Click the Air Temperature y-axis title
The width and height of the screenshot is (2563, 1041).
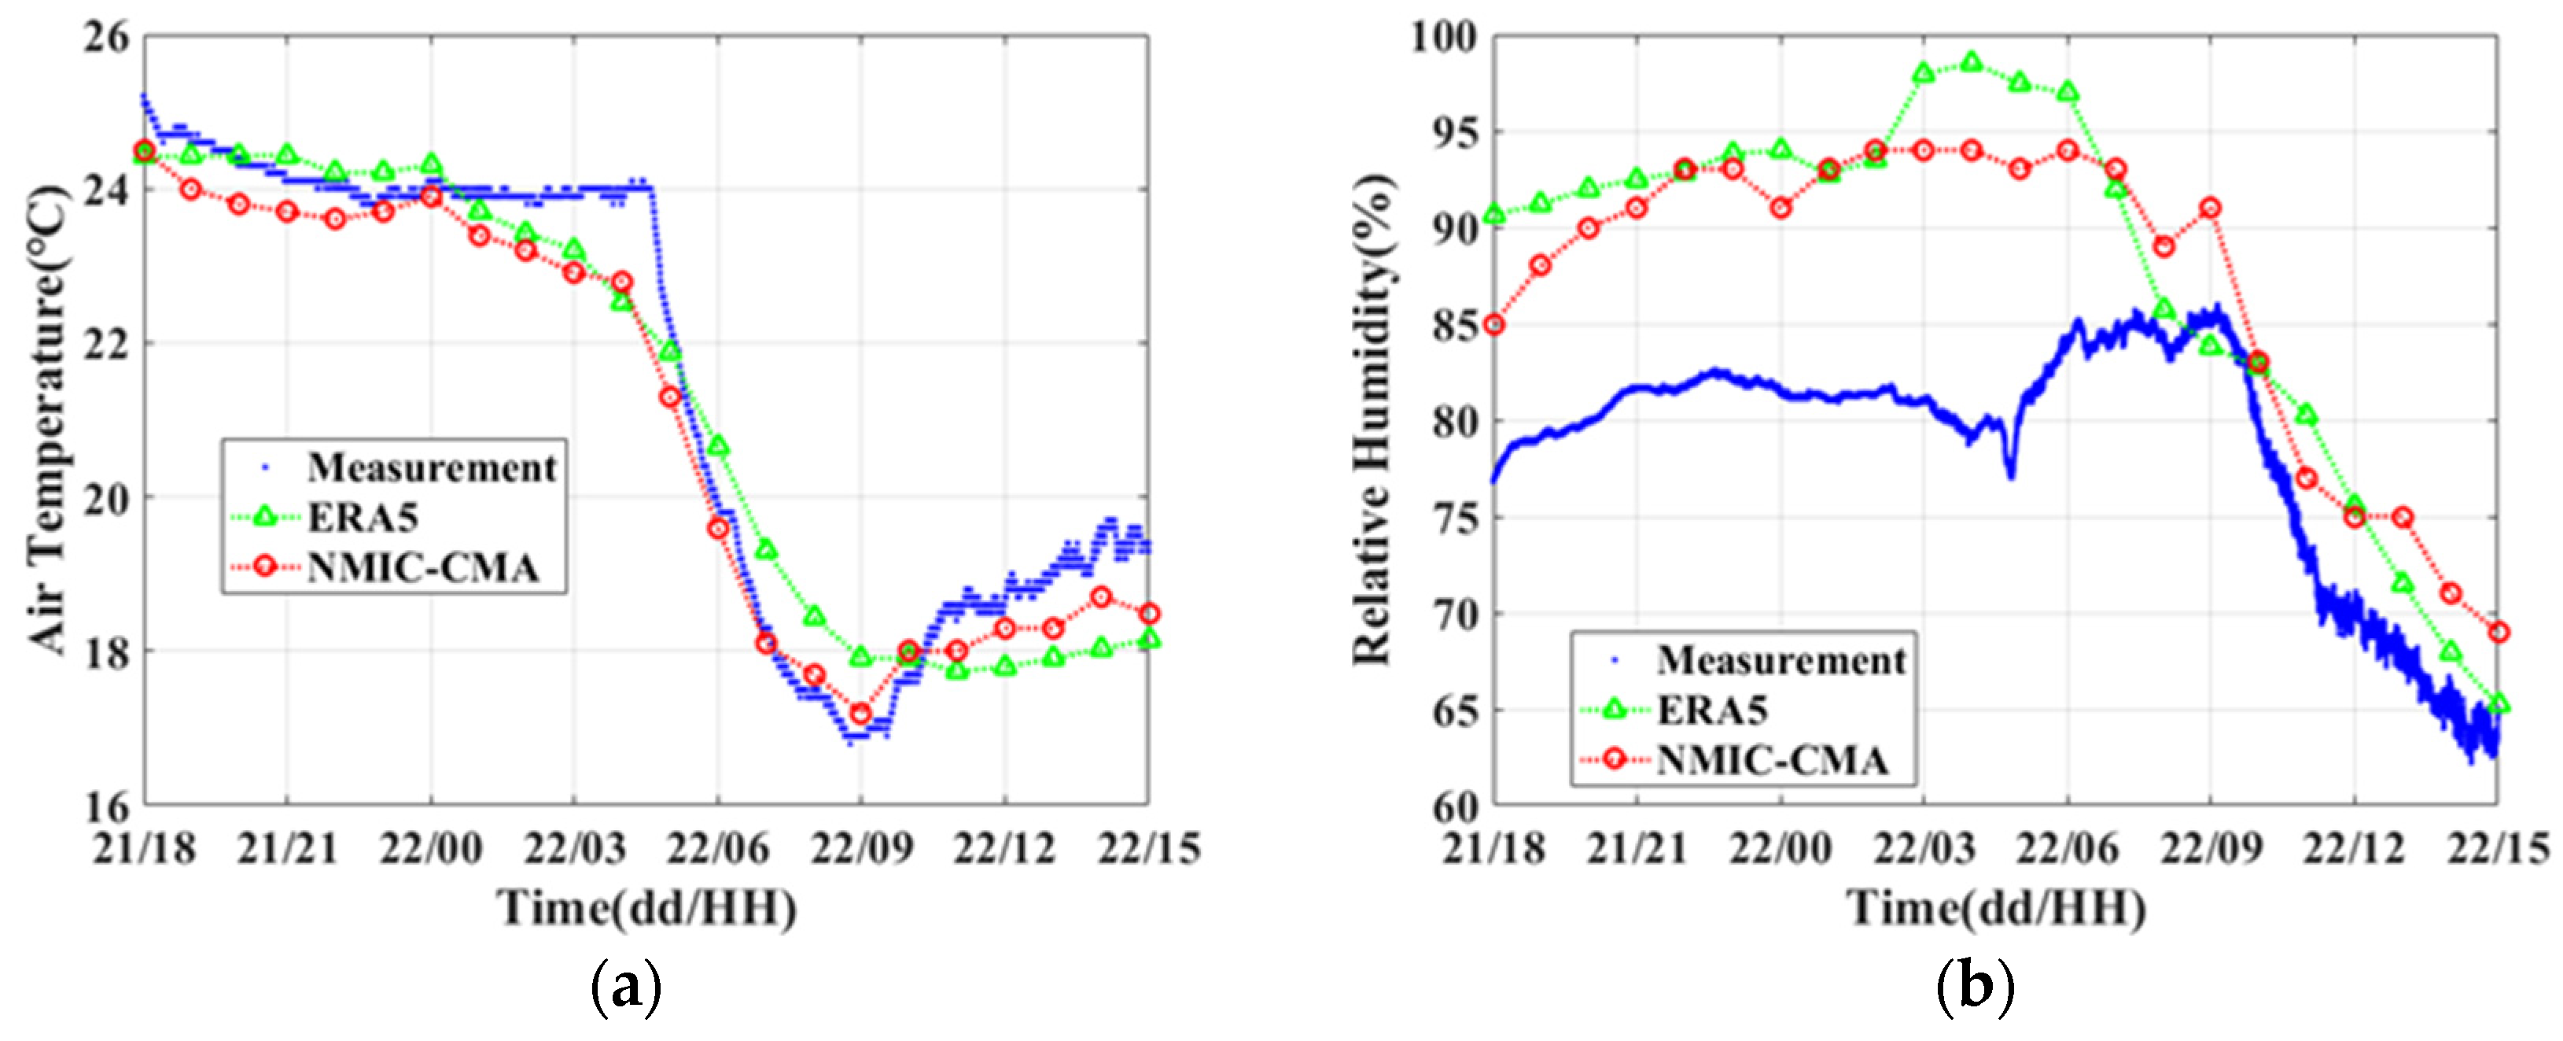48,418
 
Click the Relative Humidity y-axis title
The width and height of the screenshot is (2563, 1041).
1373,418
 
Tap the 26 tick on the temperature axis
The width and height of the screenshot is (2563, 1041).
108,38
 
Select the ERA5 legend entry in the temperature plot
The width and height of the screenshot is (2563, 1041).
363,516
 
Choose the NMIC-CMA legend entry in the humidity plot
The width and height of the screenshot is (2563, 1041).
1772,760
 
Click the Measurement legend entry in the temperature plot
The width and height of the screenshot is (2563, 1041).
431,467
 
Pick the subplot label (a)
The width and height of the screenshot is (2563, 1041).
626,987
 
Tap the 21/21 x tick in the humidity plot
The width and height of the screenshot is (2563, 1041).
1637,849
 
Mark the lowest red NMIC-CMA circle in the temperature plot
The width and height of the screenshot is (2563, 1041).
860,714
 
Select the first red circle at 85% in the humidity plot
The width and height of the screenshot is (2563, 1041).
1493,324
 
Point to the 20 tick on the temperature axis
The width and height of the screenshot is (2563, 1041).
108,497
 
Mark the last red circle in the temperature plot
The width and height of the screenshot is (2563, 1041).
1149,614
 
